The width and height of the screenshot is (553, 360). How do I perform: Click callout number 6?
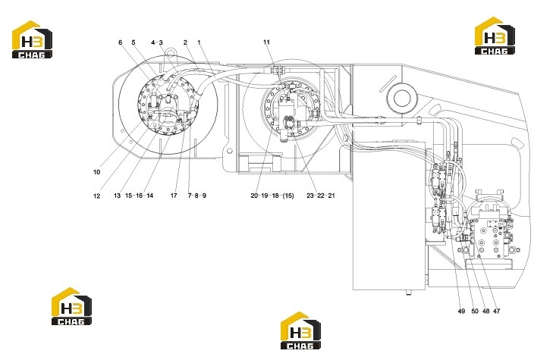(121, 42)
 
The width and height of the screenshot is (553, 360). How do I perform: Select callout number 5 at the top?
(134, 42)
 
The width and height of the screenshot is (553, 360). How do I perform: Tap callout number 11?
(266, 42)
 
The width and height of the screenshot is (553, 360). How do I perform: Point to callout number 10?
(96, 172)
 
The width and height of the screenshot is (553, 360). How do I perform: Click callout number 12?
(96, 196)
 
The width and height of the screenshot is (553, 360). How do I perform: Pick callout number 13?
(117, 196)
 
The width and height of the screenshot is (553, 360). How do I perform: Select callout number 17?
(174, 196)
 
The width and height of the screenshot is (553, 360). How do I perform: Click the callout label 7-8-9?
(196, 196)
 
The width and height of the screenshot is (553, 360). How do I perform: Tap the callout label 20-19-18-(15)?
(272, 196)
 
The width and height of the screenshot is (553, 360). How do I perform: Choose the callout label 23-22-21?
(321, 196)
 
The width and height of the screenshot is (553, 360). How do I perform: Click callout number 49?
(461, 311)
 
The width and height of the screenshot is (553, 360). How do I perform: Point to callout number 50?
(475, 311)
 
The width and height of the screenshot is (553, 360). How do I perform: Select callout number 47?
(497, 311)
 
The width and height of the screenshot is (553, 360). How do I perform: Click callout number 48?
(485, 311)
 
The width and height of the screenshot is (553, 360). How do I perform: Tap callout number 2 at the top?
(185, 42)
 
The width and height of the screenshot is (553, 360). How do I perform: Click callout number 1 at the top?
(199, 42)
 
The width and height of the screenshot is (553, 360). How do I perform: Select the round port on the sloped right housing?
(402, 98)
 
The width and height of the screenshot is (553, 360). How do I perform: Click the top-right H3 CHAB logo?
(495, 36)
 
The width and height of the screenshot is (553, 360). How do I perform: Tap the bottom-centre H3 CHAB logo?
(300, 330)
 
